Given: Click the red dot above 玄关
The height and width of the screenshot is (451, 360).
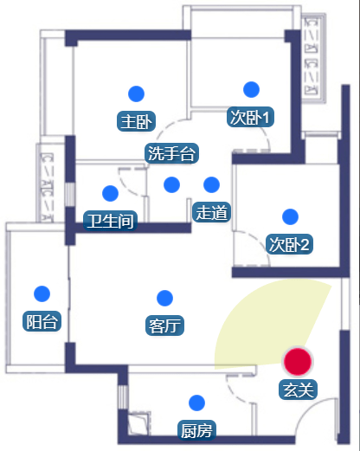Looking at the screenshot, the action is click(298, 362).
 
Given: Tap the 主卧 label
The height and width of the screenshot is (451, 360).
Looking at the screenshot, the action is click(136, 121).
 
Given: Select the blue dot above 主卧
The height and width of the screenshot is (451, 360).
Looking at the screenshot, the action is click(136, 93).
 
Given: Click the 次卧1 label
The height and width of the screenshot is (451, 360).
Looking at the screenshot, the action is click(250, 117).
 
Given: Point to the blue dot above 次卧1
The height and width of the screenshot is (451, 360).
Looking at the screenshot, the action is click(251, 89).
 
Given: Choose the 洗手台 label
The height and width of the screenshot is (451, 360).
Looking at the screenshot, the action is click(171, 153).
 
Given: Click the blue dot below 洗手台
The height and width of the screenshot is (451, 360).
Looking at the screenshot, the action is click(171, 184).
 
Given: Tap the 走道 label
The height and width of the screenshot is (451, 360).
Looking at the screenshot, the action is click(211, 212).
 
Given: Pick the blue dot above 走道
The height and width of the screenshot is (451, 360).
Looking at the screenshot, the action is click(211, 184).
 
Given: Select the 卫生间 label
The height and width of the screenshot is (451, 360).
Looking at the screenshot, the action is click(110, 221).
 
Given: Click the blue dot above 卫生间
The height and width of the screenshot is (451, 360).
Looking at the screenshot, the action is click(110, 193).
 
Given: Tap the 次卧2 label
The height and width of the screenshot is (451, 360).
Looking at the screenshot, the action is click(289, 244).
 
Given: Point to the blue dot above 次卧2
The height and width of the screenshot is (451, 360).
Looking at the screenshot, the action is click(290, 216).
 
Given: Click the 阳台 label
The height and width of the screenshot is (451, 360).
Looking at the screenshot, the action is click(42, 321).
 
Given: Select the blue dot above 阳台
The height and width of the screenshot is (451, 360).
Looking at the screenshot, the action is click(42, 293).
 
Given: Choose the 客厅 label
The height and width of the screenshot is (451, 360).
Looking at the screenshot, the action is click(164, 325).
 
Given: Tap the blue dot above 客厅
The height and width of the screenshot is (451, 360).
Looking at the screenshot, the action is click(164, 298).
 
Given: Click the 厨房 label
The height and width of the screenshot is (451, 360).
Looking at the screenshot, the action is click(196, 430).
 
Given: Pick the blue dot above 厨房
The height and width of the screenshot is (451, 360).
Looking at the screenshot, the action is click(196, 403).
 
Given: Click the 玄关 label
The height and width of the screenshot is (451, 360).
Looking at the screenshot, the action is click(298, 390).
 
